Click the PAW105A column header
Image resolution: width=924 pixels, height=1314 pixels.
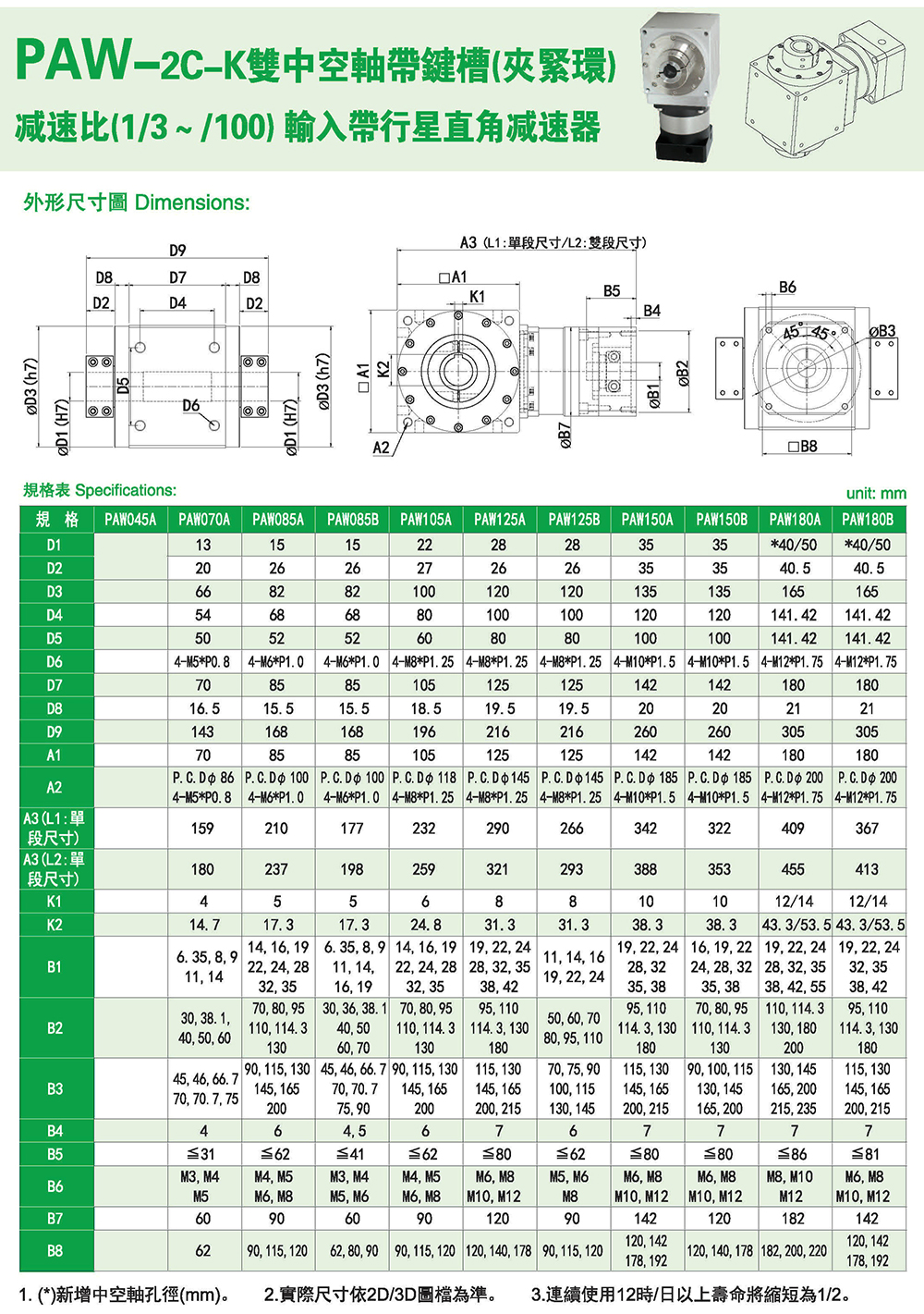point(425,520)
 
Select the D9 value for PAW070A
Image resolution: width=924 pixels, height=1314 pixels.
point(202,731)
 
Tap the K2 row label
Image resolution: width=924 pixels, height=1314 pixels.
point(55,925)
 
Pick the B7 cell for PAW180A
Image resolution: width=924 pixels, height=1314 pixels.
point(793,1219)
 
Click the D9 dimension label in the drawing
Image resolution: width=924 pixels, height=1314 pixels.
point(177,250)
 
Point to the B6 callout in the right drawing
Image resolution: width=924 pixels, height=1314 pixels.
point(787,288)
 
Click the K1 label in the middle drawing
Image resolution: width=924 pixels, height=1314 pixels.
point(477,297)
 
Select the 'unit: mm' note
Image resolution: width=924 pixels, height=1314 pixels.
point(876,494)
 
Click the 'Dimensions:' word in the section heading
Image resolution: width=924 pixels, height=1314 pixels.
point(192,203)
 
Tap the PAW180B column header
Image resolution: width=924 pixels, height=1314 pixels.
point(867,520)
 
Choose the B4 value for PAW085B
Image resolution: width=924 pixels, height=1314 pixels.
point(352,1131)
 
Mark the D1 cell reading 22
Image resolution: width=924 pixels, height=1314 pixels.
point(425,545)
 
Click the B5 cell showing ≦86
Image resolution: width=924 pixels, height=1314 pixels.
point(793,1154)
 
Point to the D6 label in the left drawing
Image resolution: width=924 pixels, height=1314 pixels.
point(190,405)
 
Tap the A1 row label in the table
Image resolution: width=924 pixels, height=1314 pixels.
point(55,755)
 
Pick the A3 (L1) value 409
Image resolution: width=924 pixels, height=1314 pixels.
point(793,829)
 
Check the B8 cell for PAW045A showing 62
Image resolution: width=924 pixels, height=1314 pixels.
point(202,1250)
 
